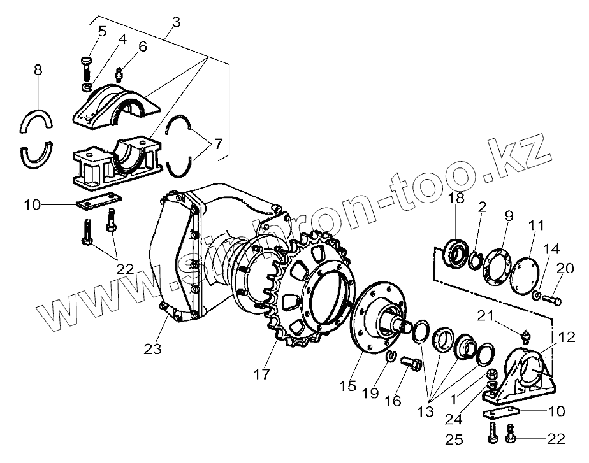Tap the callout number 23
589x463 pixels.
coord(153,349)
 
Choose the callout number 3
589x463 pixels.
coord(176,22)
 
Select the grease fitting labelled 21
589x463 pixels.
coord(527,335)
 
